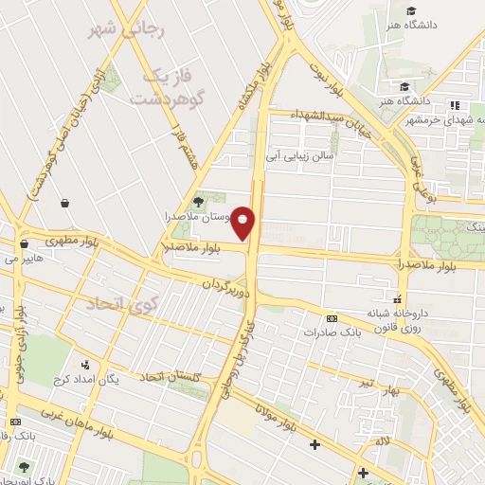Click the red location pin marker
coord(243,223)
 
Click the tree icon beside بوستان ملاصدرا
coord(198,201)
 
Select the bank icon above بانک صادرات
coord(331,318)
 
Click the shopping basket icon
coord(64,203)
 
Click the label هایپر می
coord(24,257)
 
